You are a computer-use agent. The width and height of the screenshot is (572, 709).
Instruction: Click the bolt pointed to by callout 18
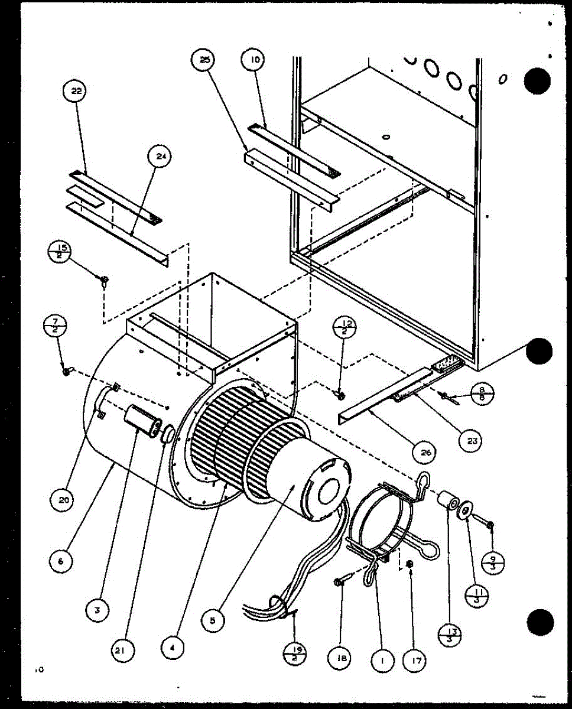pyautogui.click(x=342, y=581)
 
